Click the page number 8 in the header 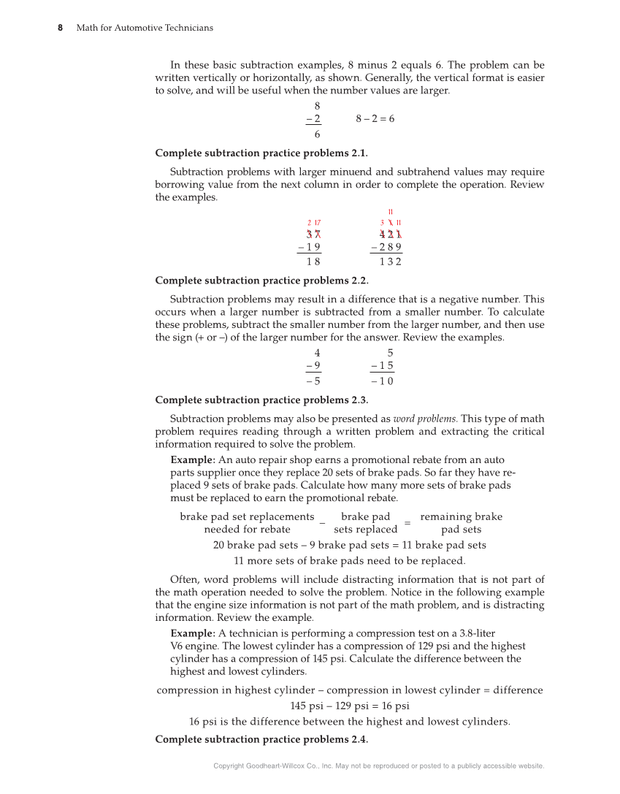click(x=61, y=28)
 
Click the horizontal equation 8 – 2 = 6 click(x=375, y=118)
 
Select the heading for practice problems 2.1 click(x=261, y=153)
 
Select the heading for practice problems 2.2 click(x=261, y=280)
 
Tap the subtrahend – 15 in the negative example click(x=382, y=365)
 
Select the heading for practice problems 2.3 click(x=261, y=400)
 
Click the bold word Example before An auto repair click(x=192, y=460)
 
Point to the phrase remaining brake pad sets click(x=461, y=522)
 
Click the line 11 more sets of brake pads click(x=349, y=561)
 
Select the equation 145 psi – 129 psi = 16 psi click(x=349, y=706)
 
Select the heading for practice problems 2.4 click(x=261, y=739)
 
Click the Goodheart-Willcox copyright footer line click(x=379, y=766)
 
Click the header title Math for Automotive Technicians click(x=145, y=28)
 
